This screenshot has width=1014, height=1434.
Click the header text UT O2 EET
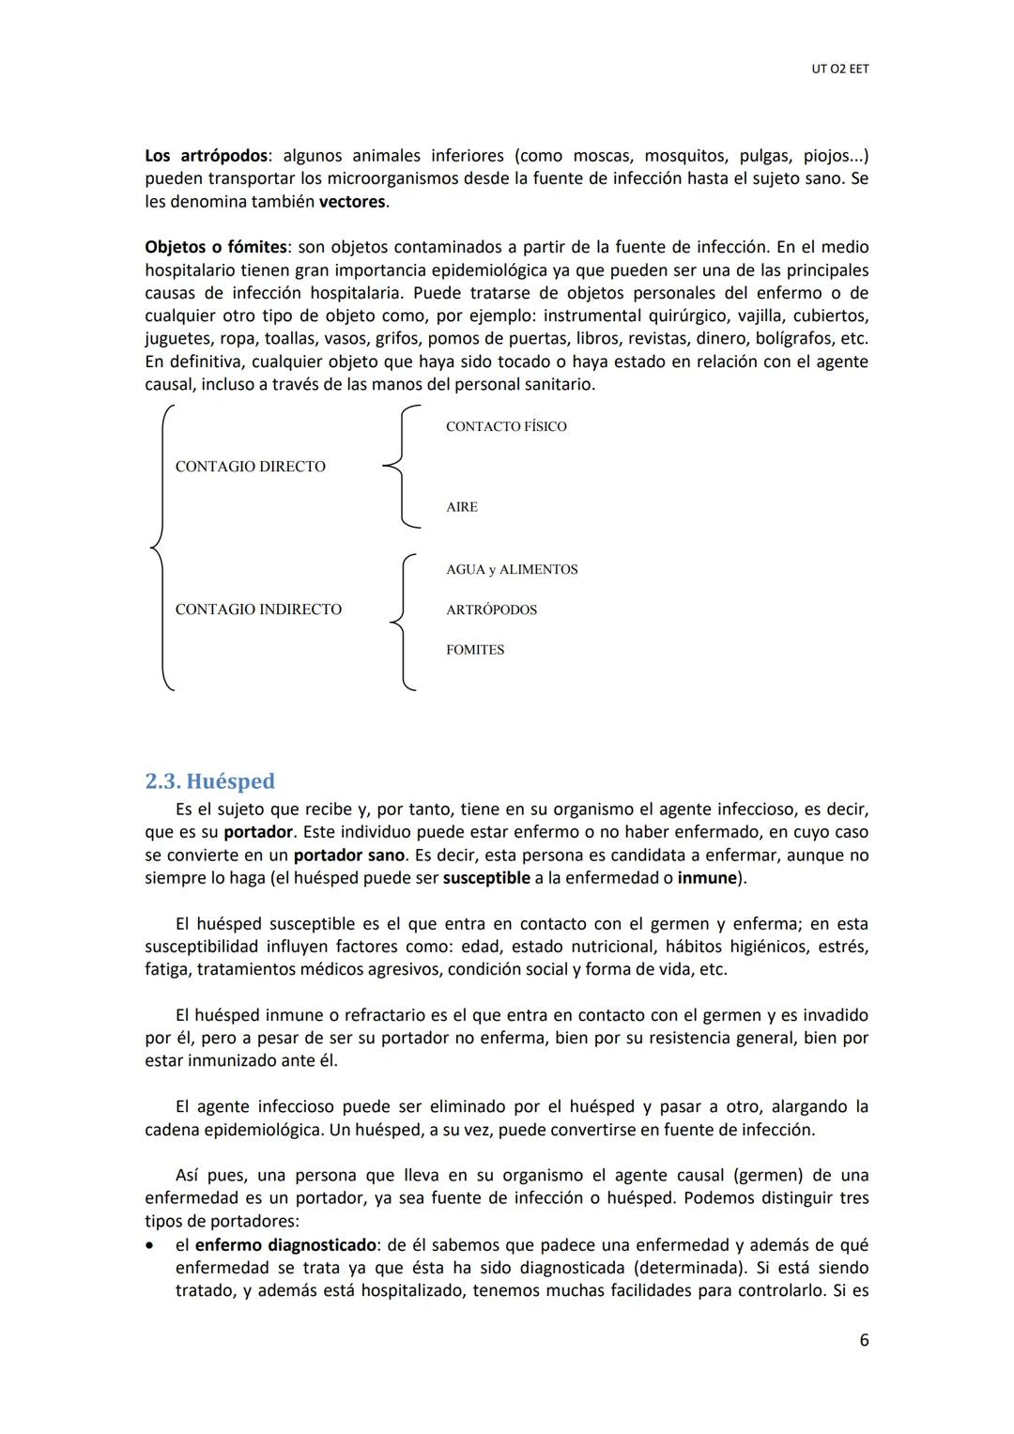click(839, 69)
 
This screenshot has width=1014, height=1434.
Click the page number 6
click(864, 1340)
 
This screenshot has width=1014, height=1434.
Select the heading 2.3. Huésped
click(209, 781)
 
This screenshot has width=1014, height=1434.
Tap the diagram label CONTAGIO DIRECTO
click(250, 467)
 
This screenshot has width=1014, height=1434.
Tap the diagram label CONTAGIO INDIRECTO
click(258, 609)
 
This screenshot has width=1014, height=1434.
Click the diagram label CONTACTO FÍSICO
click(506, 426)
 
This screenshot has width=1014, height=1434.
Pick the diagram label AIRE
click(462, 507)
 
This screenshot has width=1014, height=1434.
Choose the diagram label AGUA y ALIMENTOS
click(512, 570)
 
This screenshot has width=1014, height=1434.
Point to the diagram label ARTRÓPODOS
click(491, 610)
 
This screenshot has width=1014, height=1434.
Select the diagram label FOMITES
click(475, 650)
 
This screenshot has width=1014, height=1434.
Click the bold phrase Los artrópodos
click(207, 156)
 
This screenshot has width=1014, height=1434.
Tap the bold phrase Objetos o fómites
click(216, 247)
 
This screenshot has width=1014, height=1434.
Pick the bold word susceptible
click(486, 878)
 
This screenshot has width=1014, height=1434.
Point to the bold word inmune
click(707, 878)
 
